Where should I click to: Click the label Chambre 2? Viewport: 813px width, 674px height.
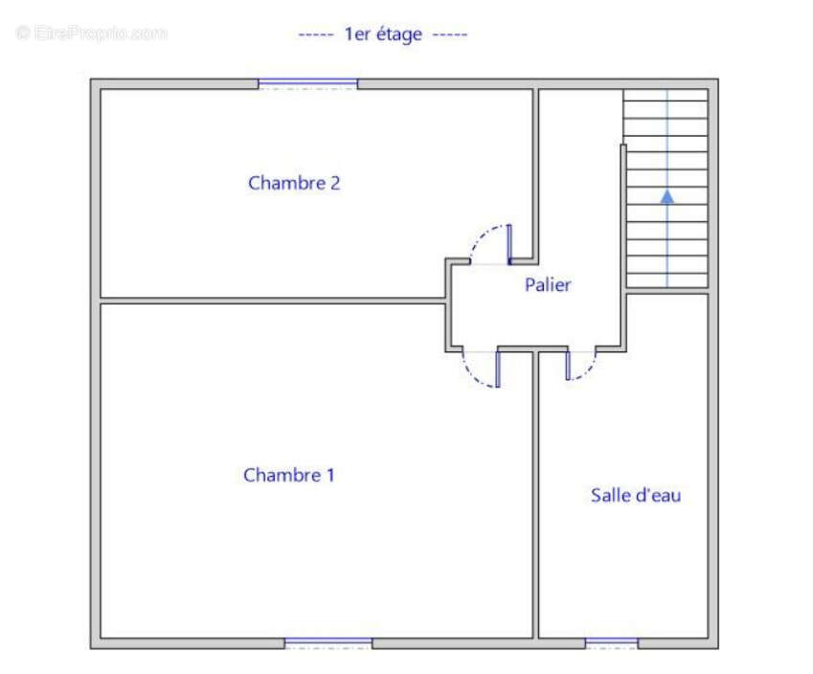pyautogui.click(x=294, y=183)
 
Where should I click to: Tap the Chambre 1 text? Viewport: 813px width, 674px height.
pyautogui.click(x=289, y=476)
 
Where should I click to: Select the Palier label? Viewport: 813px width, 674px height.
pyautogui.click(x=548, y=284)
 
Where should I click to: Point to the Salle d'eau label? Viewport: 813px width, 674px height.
pyautogui.click(x=636, y=495)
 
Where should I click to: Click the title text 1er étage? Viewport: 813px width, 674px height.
pyautogui.click(x=383, y=34)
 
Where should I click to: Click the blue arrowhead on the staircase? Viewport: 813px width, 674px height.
pyautogui.click(x=667, y=196)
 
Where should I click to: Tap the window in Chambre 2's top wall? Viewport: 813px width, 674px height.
pyautogui.click(x=308, y=83)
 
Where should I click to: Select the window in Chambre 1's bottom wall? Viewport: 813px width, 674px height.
pyautogui.click(x=328, y=643)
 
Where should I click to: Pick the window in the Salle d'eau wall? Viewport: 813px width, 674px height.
pyautogui.click(x=612, y=643)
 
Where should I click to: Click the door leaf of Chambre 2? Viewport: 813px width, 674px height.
pyautogui.click(x=509, y=244)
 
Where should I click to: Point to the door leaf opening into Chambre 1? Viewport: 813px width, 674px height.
pyautogui.click(x=498, y=370)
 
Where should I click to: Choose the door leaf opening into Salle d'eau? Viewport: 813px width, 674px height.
pyautogui.click(x=568, y=366)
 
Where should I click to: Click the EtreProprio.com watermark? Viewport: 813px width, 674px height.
pyautogui.click(x=91, y=34)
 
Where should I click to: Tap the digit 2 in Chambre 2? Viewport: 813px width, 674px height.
pyautogui.click(x=335, y=184)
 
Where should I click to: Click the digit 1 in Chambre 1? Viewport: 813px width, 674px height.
pyautogui.click(x=330, y=476)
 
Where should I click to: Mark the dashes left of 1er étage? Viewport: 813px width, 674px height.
pyautogui.click(x=316, y=35)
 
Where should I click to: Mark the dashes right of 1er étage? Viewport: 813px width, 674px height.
pyautogui.click(x=450, y=35)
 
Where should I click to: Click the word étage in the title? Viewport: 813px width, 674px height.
pyautogui.click(x=398, y=35)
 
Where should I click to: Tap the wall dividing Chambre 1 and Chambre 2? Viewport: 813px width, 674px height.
pyautogui.click(x=273, y=301)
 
